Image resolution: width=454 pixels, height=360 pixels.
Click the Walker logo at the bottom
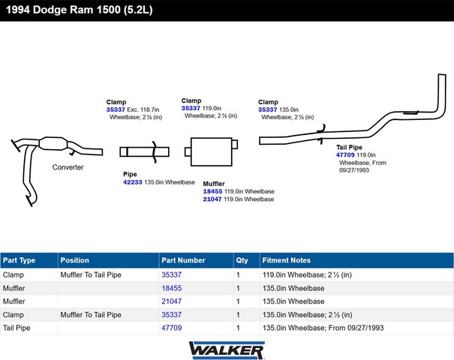point(227,349)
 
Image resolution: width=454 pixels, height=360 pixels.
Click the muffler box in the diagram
point(212,151)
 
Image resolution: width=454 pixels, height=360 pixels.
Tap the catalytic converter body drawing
point(53,143)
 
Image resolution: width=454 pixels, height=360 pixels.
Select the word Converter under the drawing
point(68,167)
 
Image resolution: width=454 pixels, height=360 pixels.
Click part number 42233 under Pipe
point(133,182)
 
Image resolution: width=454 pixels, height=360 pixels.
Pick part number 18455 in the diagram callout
point(212,191)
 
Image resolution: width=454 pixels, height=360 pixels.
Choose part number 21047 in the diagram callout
point(212,199)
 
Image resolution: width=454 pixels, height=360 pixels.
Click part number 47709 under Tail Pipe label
point(345,154)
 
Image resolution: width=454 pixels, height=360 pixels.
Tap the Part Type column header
point(19,260)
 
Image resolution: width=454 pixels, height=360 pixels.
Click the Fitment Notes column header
point(287,260)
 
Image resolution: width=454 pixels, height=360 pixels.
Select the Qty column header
point(242,260)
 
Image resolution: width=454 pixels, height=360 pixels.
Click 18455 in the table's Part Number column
point(172,288)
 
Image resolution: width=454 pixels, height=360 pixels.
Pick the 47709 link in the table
point(172,328)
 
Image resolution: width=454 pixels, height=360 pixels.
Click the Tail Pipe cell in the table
point(17,328)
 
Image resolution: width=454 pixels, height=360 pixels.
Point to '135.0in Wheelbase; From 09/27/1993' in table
point(323,328)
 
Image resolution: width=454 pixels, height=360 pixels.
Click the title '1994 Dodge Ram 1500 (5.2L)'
point(79,10)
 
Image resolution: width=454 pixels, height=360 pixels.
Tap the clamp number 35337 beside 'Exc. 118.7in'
point(116,109)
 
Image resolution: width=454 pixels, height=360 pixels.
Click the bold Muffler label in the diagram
point(214,184)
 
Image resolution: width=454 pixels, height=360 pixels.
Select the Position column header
point(75,260)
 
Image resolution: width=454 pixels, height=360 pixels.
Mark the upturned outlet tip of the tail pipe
point(442,75)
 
